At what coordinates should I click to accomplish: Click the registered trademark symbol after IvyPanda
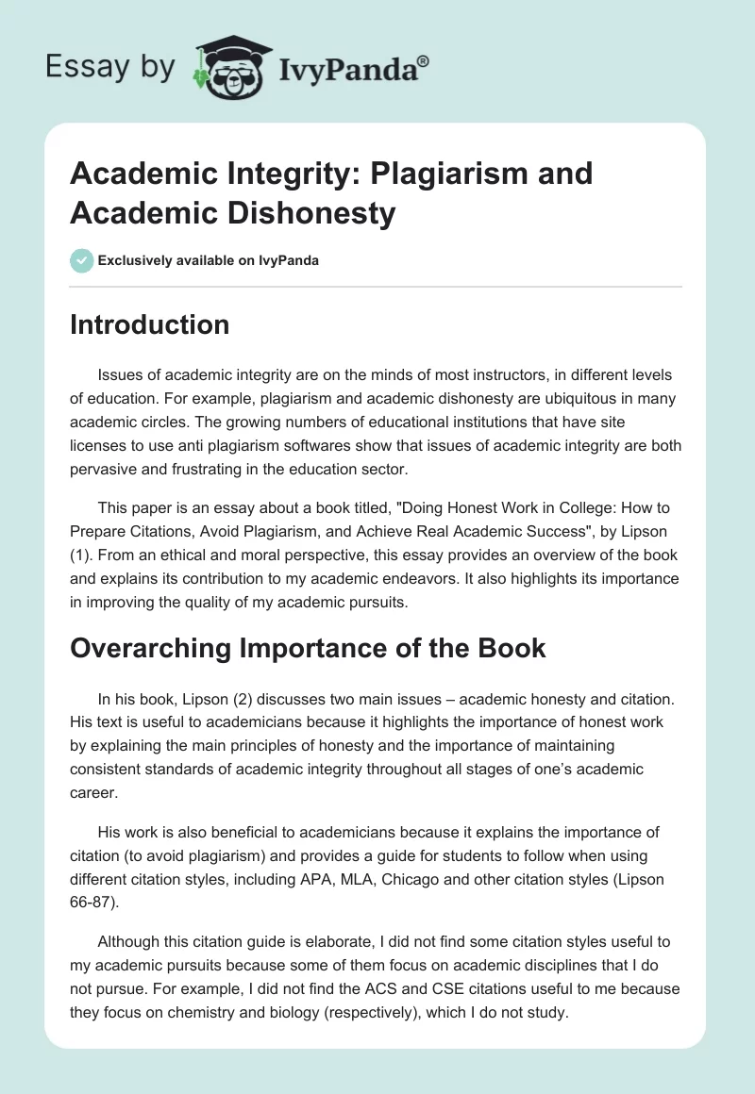coord(423,61)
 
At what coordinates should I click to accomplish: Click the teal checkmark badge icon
coord(81,259)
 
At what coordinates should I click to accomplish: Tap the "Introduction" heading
coord(149,324)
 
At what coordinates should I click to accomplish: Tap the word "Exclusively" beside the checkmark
coord(139,260)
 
